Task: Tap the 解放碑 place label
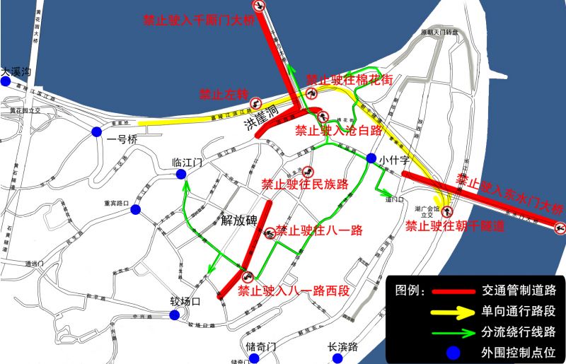click(237, 220)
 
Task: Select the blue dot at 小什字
click(371, 158)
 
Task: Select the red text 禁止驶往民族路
click(305, 184)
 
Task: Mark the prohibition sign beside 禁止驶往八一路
click(269, 233)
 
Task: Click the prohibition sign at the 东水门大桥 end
click(560, 228)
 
